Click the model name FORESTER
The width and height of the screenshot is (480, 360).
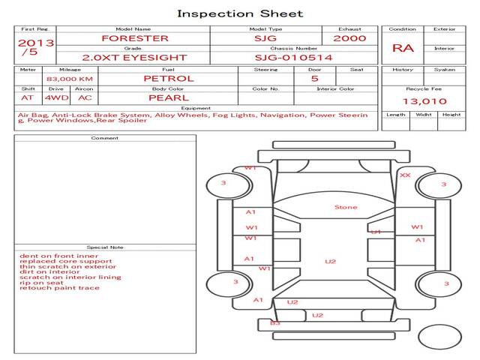point(135,38)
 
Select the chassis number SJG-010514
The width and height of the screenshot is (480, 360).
point(293,57)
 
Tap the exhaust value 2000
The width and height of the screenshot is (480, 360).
point(350,38)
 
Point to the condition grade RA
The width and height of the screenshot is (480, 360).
point(403,48)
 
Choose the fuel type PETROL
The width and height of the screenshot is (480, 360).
point(169,78)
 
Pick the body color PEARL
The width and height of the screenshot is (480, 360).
point(169,97)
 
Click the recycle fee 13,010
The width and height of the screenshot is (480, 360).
point(424,101)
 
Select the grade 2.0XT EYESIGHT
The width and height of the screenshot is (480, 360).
point(135,57)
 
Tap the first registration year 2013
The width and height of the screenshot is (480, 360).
point(35,43)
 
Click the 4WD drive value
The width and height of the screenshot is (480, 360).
point(54,97)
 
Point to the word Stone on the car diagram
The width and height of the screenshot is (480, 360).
point(346,207)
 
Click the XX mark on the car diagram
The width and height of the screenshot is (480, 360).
point(405,175)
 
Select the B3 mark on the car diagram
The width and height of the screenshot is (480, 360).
point(274,322)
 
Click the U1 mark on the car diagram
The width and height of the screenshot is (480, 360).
point(376,232)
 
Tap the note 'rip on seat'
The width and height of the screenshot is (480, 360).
point(40,283)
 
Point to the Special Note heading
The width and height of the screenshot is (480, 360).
point(105,247)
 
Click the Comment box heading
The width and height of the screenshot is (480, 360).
point(105,138)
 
